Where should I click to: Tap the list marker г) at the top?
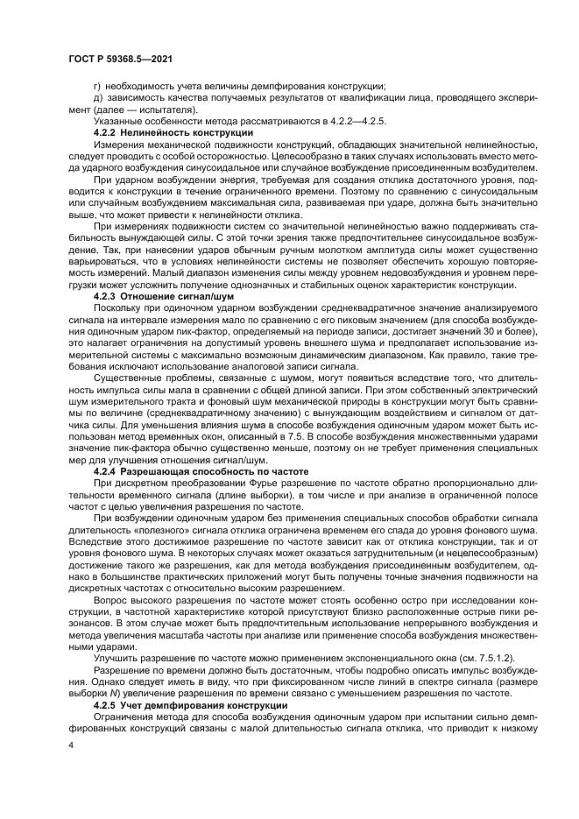coord(98,86)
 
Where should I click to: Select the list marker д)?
coord(98,97)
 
